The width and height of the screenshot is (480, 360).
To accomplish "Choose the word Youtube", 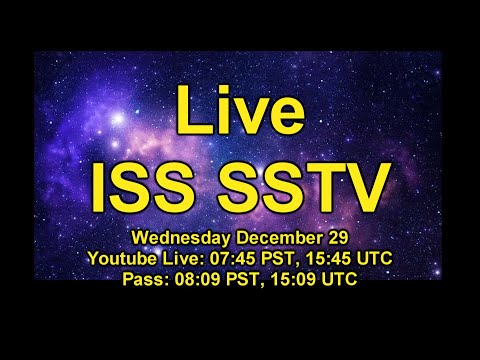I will pos(123,259).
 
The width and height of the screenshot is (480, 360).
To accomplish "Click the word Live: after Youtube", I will pos(186,259).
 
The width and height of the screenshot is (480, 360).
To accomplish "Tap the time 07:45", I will pos(236,259).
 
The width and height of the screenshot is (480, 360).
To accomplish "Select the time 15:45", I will pos(326,259).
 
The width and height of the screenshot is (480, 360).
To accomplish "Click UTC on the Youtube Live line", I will pos(373,259).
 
